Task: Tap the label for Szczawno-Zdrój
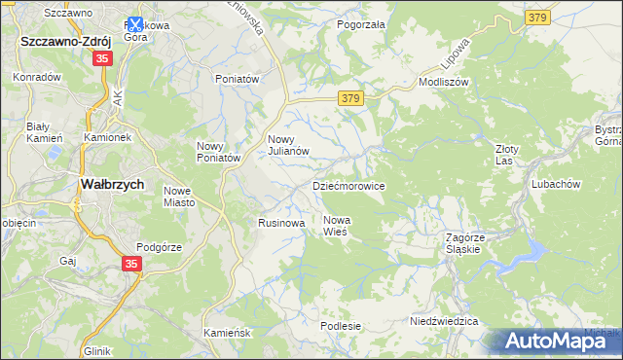pos(66,42)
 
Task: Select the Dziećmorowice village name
pos(348,186)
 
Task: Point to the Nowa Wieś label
pos(337,226)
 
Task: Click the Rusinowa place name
pos(281,223)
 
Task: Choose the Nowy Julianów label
pos(288,145)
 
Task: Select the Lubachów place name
pos(556,184)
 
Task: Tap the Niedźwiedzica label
pos(444,321)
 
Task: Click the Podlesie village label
pos(342,326)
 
